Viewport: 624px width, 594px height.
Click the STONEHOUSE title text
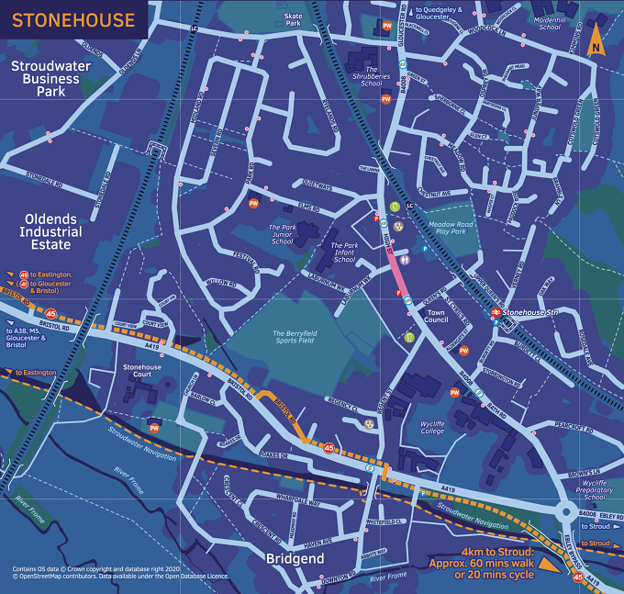[72, 19]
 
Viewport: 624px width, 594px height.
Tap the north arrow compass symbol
[596, 40]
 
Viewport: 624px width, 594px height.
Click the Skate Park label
[293, 19]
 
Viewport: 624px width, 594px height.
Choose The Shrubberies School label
[372, 75]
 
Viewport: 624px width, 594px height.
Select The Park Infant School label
[343, 252]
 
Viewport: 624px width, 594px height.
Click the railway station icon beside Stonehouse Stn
[494, 313]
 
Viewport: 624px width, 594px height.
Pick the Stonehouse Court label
[143, 371]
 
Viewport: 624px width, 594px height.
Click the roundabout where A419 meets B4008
[565, 510]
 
